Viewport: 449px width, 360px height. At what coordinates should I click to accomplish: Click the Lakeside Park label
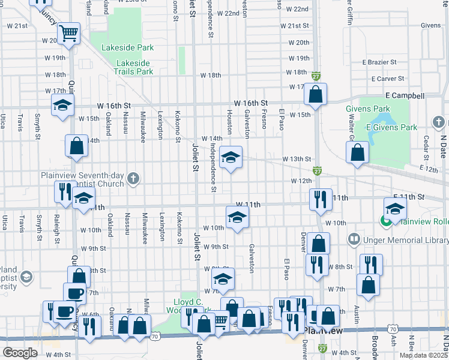[128, 47]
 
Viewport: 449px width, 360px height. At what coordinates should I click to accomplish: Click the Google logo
[20, 352]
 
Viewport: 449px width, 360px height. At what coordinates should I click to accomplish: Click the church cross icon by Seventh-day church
[133, 178]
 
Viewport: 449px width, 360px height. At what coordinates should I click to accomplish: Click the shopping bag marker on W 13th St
[357, 154]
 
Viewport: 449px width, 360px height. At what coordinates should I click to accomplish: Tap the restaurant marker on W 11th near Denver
[321, 199]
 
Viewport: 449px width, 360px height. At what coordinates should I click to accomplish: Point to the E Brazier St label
[381, 62]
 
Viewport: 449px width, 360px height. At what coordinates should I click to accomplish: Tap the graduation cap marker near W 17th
[62, 106]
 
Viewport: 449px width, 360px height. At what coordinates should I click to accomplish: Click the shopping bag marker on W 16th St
[315, 94]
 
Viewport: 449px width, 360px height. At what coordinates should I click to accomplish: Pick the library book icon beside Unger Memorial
[354, 240]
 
